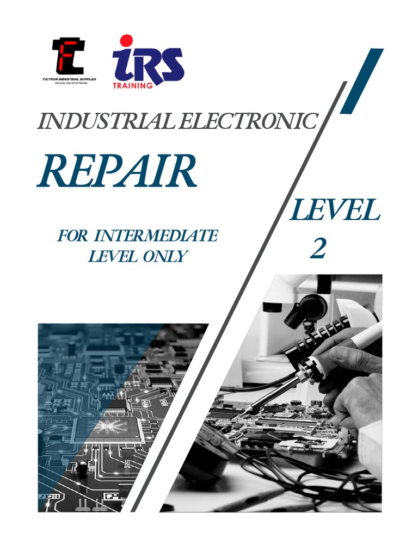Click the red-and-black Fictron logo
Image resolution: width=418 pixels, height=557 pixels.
(x=67, y=57)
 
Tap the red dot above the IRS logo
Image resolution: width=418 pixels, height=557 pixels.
(x=126, y=40)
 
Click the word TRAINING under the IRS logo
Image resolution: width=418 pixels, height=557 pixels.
(x=133, y=85)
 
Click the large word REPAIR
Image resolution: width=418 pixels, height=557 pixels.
(x=116, y=170)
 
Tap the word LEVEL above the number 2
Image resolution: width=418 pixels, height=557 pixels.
(x=334, y=211)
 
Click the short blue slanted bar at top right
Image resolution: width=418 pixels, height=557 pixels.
(x=361, y=81)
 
